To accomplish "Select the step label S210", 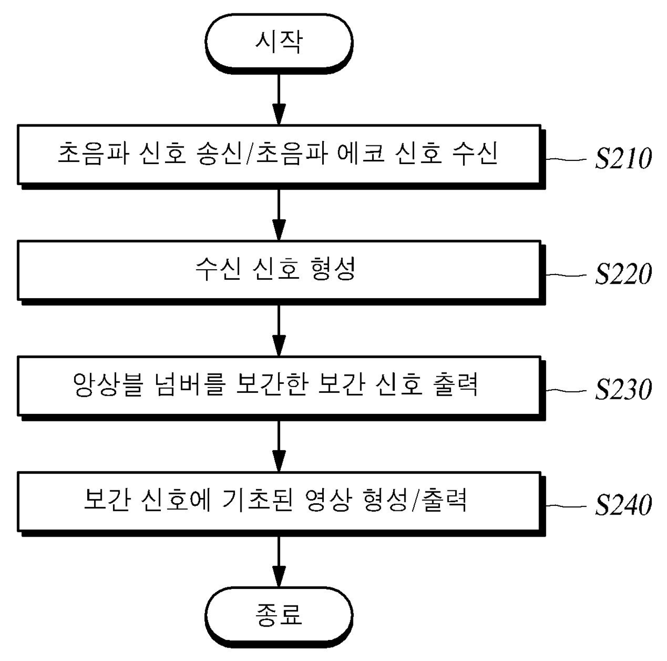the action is pos(623,159).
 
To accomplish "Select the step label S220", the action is pos(623,274).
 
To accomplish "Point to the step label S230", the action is pos(623,390).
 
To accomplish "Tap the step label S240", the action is pos(623,505).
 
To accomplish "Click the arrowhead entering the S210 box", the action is pos(279,114).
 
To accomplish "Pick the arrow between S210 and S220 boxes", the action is pos(279,215).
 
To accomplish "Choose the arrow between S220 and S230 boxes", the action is pos(279,330).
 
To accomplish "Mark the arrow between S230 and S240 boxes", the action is pos(279,446).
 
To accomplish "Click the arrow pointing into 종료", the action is pos(279,562).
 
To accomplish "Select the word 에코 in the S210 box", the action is pos(361,153).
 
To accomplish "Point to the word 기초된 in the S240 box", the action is pos(258,500).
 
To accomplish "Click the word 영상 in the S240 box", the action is pos(329,500).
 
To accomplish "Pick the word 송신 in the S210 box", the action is pos(219,153).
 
